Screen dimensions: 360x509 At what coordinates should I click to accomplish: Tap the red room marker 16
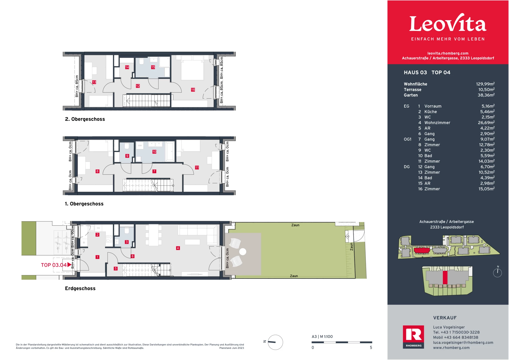pyautogui.click(x=193, y=90)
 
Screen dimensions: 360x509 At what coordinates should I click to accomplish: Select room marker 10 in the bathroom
pyautogui.click(x=154, y=152)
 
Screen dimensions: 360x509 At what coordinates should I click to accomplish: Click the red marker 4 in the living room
pyautogui.click(x=178, y=248)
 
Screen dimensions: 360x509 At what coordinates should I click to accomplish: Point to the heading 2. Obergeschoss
pyautogui.click(x=85, y=119)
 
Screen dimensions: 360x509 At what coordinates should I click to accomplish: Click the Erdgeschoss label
pyautogui.click(x=80, y=288)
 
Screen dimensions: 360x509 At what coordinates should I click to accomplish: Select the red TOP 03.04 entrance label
pyautogui.click(x=54, y=265)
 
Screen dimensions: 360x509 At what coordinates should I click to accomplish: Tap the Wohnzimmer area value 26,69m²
pyautogui.click(x=486, y=123)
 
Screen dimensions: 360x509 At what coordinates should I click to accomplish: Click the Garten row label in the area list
pyautogui.click(x=411, y=95)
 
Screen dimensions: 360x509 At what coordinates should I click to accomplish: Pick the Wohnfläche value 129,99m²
pyautogui.click(x=485, y=84)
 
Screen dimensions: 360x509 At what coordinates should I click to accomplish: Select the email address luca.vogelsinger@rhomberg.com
pyautogui.click(x=463, y=343)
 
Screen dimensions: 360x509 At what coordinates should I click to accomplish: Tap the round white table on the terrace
pyautogui.click(x=243, y=252)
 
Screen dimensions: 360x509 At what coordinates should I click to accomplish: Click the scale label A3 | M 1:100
pyautogui.click(x=322, y=337)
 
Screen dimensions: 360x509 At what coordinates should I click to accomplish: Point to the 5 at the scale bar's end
pyautogui.click(x=371, y=348)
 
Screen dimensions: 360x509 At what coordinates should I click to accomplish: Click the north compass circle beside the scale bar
pyautogui.click(x=275, y=342)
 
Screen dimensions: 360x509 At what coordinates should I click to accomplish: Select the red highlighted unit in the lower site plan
pyautogui.click(x=445, y=277)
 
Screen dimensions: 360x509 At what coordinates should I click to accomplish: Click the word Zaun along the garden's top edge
pyautogui.click(x=295, y=225)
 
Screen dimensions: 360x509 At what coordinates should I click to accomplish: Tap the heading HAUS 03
pyautogui.click(x=415, y=73)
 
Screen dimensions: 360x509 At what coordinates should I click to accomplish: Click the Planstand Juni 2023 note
pyautogui.click(x=231, y=348)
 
